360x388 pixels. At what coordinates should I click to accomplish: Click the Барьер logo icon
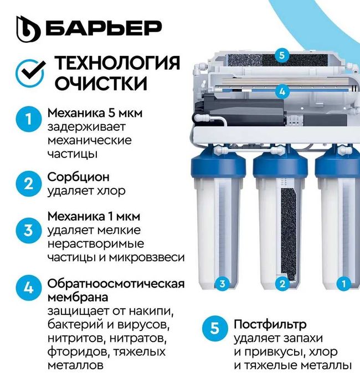28,28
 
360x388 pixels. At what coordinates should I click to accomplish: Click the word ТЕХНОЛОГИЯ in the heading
117,63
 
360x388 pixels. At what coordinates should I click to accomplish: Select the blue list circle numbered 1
27,120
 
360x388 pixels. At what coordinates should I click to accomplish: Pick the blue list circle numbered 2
27,183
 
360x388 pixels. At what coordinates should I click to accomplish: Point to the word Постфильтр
270,324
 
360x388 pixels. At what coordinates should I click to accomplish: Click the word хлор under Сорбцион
111,191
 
